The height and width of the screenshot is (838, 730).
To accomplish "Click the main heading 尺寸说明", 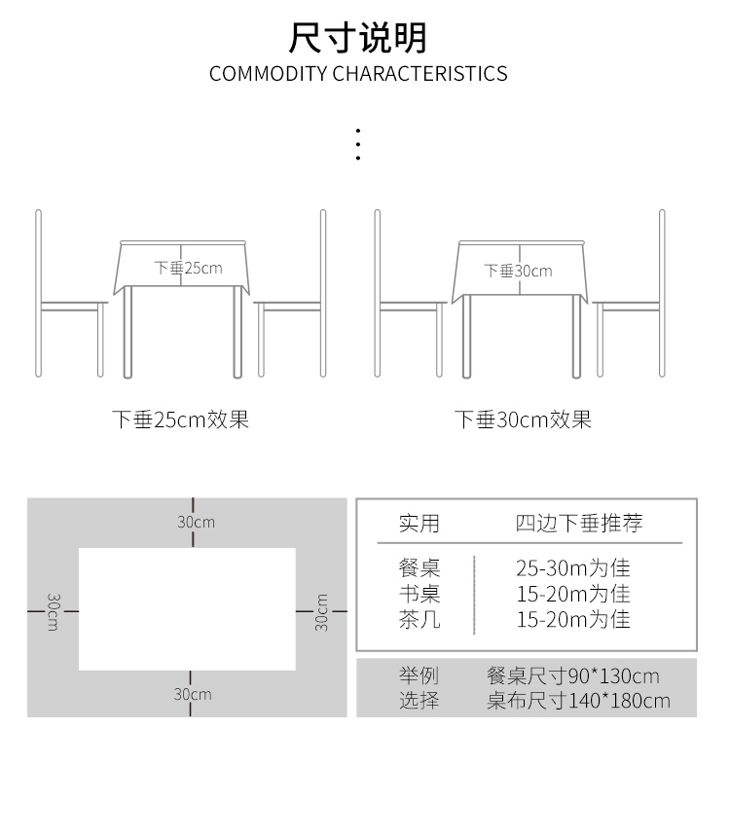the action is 357,38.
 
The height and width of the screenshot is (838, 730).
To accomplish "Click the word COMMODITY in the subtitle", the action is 269,74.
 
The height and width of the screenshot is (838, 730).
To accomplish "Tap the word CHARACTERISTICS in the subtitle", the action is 420,74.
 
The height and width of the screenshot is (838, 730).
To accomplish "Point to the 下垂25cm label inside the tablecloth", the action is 188,268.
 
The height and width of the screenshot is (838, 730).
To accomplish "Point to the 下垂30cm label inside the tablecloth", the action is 518,271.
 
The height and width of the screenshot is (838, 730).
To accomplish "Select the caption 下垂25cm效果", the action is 181,419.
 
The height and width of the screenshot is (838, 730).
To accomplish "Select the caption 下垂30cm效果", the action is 524,419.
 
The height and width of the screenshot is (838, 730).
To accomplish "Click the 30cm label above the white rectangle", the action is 197,522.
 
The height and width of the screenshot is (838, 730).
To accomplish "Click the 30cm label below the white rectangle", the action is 193,694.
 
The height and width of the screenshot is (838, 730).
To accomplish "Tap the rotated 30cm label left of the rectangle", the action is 54,612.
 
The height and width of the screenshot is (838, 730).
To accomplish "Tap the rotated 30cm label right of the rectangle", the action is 321,612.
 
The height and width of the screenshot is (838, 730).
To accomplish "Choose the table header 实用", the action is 420,524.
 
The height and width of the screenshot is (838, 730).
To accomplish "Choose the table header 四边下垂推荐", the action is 579,523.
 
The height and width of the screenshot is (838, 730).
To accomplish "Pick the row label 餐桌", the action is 420,567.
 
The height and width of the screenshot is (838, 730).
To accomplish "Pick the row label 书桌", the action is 420,594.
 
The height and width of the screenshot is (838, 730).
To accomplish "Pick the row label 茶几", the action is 420,620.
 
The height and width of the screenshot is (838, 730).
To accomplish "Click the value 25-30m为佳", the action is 573,567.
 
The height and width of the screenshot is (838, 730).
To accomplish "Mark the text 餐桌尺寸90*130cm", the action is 573,676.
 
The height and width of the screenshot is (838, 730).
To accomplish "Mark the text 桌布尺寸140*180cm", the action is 578,701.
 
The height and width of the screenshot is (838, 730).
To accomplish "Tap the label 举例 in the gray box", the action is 419,676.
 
